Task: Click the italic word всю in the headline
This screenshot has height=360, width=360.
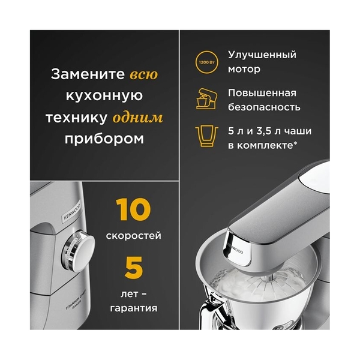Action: (x=144, y=76)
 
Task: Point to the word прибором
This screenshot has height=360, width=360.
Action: (x=104, y=139)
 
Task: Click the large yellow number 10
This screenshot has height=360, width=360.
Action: (x=133, y=209)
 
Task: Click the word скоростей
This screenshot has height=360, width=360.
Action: (x=133, y=236)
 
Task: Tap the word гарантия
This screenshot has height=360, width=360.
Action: (x=133, y=308)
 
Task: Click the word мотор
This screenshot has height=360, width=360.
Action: (x=244, y=69)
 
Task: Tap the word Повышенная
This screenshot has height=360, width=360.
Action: (x=262, y=92)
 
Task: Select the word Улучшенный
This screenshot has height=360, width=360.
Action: (x=262, y=55)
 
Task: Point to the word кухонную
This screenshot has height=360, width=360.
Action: (x=104, y=97)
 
